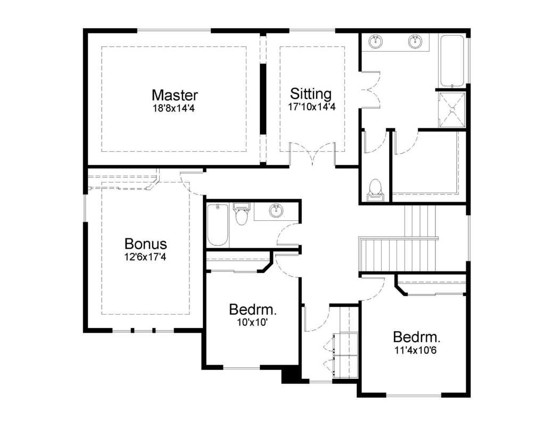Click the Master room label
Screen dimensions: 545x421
pos(175,95)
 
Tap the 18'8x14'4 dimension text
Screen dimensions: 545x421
pos(174,109)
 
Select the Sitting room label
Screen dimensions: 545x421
pos(311,94)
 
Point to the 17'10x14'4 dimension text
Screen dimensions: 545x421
pos(311,107)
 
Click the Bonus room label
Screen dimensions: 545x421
pos(146,244)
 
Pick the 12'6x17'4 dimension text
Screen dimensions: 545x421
pos(145,257)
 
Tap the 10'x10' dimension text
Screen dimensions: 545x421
pos(252,322)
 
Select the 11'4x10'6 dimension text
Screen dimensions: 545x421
pos(415,350)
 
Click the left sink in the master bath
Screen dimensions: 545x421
pos(376,42)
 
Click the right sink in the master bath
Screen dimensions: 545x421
pos(415,42)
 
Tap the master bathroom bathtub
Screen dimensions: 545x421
pos(452,60)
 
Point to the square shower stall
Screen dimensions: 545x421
pos(452,110)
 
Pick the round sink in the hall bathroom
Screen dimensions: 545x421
pos(276,211)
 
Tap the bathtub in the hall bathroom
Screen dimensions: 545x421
pos(218,225)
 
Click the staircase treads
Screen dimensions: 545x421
pos(398,254)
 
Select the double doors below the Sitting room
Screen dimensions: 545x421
pos(312,154)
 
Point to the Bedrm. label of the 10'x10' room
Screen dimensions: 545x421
pos(253,309)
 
